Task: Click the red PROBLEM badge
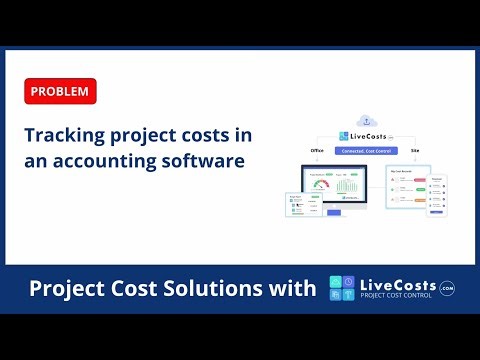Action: coord(58,92)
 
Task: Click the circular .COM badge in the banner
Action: coord(446,287)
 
